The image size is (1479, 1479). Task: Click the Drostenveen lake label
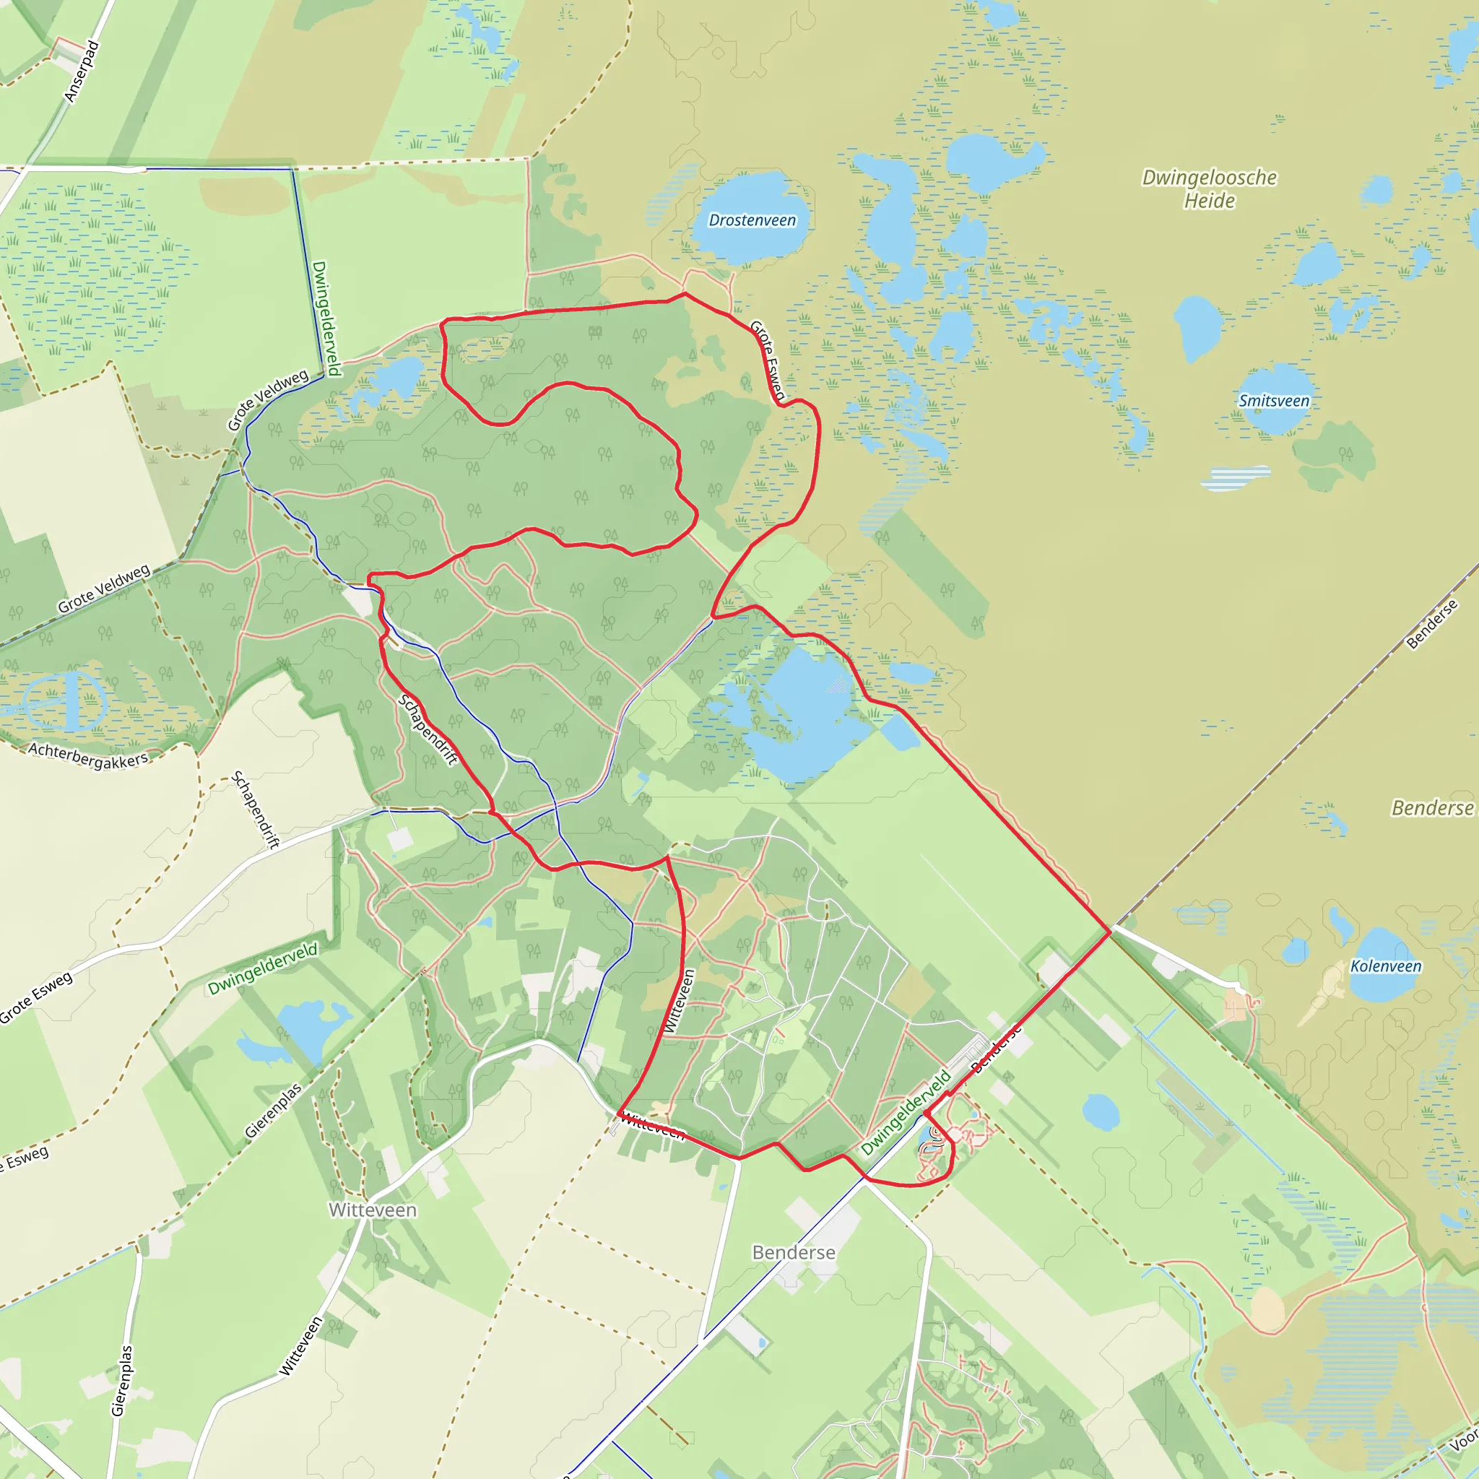pyautogui.click(x=752, y=220)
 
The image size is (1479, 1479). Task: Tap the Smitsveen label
pyautogui.click(x=1274, y=400)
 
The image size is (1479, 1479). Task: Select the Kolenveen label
pyautogui.click(x=1386, y=966)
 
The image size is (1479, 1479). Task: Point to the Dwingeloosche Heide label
pyautogui.click(x=1210, y=189)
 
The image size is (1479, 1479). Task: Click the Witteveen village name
pyautogui.click(x=373, y=1210)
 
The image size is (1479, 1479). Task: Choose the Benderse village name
pyautogui.click(x=794, y=1252)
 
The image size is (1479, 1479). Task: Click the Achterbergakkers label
pyautogui.click(x=88, y=755)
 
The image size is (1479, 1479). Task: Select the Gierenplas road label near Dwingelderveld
pyautogui.click(x=273, y=1111)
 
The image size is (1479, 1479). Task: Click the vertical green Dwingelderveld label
pyautogui.click(x=326, y=318)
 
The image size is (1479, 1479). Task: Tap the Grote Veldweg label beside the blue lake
pyautogui.click(x=268, y=399)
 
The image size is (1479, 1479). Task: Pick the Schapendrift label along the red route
pyautogui.click(x=428, y=729)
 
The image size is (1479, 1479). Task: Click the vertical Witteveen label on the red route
pyautogui.click(x=678, y=1002)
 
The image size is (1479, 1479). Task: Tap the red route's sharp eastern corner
pyautogui.click(x=1110, y=932)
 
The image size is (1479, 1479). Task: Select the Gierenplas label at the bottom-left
pyautogui.click(x=123, y=1380)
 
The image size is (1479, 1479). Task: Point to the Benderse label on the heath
pyautogui.click(x=1431, y=808)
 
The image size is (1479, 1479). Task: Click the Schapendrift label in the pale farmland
pyautogui.click(x=256, y=810)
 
